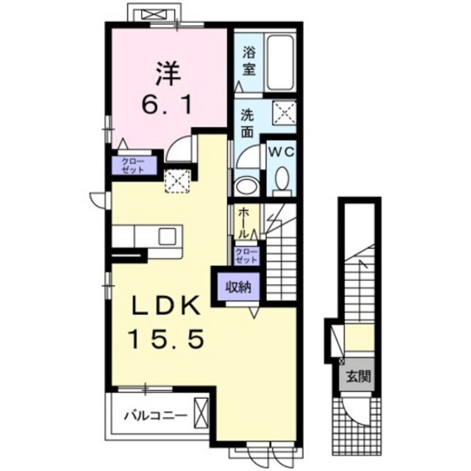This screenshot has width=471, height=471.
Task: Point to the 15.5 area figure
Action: pyautogui.click(x=166, y=338)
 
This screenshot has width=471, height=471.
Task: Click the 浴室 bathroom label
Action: pyautogui.click(x=248, y=62)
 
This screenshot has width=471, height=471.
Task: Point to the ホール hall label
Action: pyautogui.click(x=244, y=222)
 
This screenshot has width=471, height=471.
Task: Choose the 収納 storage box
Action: pyautogui.click(x=239, y=287)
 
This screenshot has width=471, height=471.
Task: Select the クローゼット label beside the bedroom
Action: pyautogui.click(x=131, y=166)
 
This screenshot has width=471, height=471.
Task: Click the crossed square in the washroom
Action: pyautogui.click(x=283, y=111)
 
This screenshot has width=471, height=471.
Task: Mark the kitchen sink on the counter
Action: pyautogui.click(x=166, y=235)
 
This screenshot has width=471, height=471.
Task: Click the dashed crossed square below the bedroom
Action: pyautogui.click(x=177, y=181)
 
